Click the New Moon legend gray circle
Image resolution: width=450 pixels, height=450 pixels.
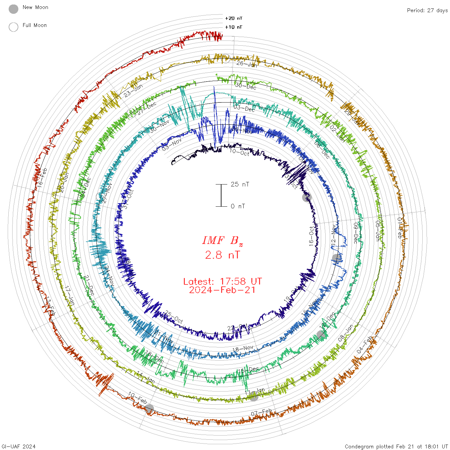tap(14, 9)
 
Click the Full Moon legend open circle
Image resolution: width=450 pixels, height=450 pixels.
tap(14, 27)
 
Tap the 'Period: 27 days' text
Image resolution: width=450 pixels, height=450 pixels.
tap(427, 10)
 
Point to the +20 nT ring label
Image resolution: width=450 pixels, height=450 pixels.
tap(233, 18)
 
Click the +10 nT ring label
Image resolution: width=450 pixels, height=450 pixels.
tap(233, 27)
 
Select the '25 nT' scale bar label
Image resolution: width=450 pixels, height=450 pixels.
tap(240, 184)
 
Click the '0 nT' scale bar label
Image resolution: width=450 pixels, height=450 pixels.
tap(238, 206)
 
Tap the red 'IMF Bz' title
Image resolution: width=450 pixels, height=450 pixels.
tap(222, 240)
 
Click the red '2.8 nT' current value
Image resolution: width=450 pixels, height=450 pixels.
tap(222, 255)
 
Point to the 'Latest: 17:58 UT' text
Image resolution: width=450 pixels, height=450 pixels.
tap(222, 282)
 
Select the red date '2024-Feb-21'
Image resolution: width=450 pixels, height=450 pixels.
tap(222, 290)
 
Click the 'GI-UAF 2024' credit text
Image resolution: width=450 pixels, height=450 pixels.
tap(19, 446)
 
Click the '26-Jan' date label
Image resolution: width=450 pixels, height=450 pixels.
tap(247, 64)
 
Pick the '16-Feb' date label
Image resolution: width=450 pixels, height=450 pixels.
tap(42, 177)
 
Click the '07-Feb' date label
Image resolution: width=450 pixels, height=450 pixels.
tap(261, 412)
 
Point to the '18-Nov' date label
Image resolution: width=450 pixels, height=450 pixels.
tap(243, 348)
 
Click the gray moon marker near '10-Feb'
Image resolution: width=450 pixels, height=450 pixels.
tap(149, 409)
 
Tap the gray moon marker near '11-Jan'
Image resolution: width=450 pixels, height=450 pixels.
tap(254, 397)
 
